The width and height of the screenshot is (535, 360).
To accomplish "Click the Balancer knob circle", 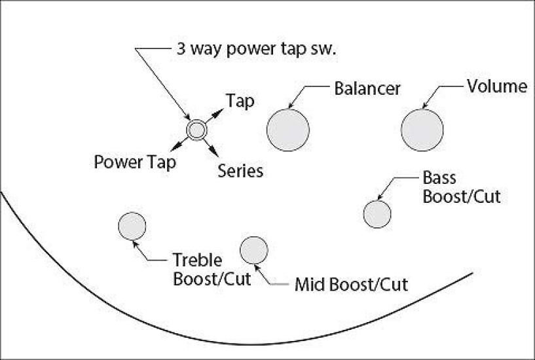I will tap(287, 130).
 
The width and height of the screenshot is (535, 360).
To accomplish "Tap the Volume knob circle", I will tap(422, 130).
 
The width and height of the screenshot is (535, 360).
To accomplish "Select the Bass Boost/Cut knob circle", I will tap(377, 214).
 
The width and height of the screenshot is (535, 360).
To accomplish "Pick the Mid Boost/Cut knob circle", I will tap(254, 250).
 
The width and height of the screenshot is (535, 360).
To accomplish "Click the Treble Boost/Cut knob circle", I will tap(132, 226).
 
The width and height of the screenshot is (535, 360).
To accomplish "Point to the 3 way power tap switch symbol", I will tap(196, 130).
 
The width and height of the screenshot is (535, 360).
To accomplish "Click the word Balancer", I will tap(367, 88).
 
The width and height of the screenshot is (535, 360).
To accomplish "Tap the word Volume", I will tap(497, 86).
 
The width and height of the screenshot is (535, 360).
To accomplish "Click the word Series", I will tap(240, 171).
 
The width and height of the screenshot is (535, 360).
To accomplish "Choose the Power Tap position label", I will tap(135, 162).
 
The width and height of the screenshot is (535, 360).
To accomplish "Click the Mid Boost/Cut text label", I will tap(351, 285).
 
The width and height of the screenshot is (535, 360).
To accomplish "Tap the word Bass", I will tap(439, 178).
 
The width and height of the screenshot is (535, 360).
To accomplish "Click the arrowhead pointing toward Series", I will tap(215, 154).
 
